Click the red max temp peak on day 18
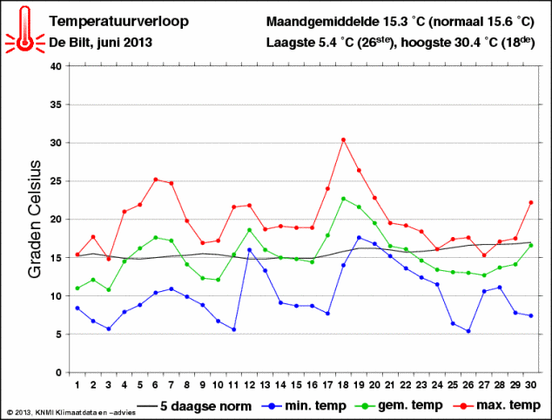click(343, 139)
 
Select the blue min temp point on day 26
click(468, 331)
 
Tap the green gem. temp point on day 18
click(343, 199)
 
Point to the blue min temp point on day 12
click(249, 250)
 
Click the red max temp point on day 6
click(155, 180)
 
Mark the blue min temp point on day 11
click(233, 329)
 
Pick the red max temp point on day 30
click(530, 202)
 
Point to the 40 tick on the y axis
click(56, 66)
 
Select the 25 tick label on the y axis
click(56, 181)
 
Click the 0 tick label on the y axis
click(59, 373)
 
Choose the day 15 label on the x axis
click(296, 384)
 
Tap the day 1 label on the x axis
click(77, 384)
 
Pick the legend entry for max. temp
click(505, 405)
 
